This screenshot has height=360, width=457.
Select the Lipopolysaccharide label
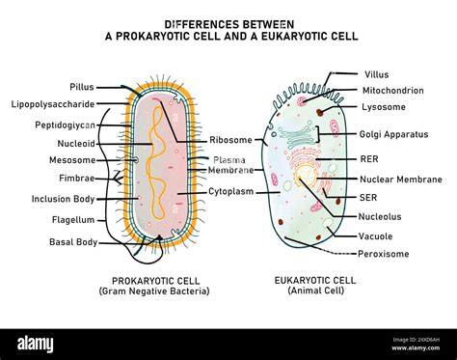pyautogui.click(x=52, y=104)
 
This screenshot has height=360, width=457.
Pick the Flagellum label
pyautogui.click(x=73, y=220)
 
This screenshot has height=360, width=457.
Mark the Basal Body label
pyautogui.click(x=73, y=241)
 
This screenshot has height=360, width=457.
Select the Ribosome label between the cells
pyautogui.click(x=230, y=140)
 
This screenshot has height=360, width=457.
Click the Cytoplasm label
pyautogui.click(x=230, y=192)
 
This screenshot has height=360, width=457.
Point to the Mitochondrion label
pyautogui.click(x=391, y=90)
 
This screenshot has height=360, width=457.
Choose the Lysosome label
pyautogui.click(x=383, y=106)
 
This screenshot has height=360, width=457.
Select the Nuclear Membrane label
pyautogui.click(x=400, y=179)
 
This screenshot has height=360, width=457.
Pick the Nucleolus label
pyautogui.click(x=383, y=217)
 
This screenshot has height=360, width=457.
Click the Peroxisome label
pyautogui.click(x=385, y=254)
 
